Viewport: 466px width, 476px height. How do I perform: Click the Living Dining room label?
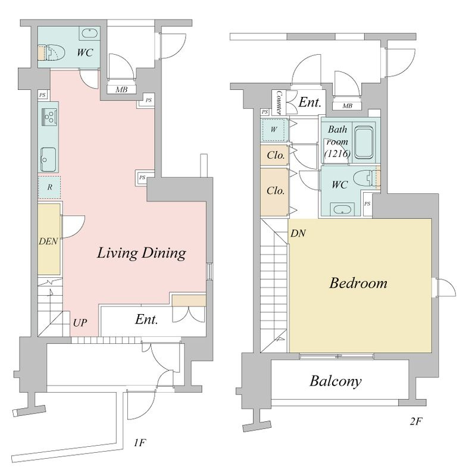point(142,253)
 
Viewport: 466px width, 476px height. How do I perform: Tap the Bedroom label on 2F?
point(358,283)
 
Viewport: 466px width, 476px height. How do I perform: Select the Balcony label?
point(336,381)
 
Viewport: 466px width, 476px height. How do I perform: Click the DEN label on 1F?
point(48,242)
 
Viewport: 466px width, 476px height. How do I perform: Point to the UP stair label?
point(80,322)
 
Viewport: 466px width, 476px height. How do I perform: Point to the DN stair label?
point(298,233)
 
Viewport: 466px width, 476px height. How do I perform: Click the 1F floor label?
point(140,443)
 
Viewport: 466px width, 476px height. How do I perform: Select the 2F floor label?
point(416,421)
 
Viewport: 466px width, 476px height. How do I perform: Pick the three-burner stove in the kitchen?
point(50,116)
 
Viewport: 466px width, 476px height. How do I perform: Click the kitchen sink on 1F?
point(48,159)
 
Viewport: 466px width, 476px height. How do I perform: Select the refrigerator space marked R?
point(49,187)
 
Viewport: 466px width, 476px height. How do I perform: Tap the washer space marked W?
point(274,130)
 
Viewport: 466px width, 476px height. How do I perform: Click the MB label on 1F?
point(122,90)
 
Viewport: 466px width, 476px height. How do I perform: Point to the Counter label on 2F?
point(279,102)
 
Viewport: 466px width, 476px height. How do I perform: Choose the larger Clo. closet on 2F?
point(275,192)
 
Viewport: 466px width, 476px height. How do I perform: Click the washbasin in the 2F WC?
point(342,209)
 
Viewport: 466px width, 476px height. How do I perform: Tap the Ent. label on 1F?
point(146,320)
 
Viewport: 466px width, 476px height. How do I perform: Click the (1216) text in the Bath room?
point(337,154)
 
